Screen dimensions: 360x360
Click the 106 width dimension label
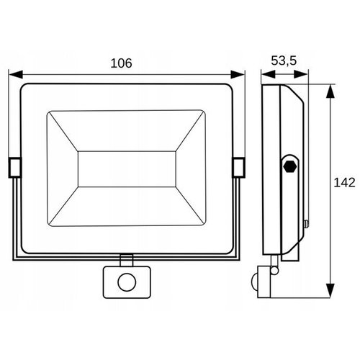pos(121,63)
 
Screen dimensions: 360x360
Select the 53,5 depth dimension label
pos(284,60)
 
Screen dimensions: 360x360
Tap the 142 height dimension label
pos(344,183)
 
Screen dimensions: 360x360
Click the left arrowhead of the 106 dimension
pos(16,74)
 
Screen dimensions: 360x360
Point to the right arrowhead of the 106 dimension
pos(238,74)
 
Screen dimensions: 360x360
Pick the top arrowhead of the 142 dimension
pos(330,91)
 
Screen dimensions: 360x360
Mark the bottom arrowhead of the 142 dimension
pos(330,291)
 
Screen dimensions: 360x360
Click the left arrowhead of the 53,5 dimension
pos(269,74)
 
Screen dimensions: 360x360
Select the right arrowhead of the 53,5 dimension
pos(301,74)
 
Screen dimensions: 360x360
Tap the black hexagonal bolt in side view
pos(290,166)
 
